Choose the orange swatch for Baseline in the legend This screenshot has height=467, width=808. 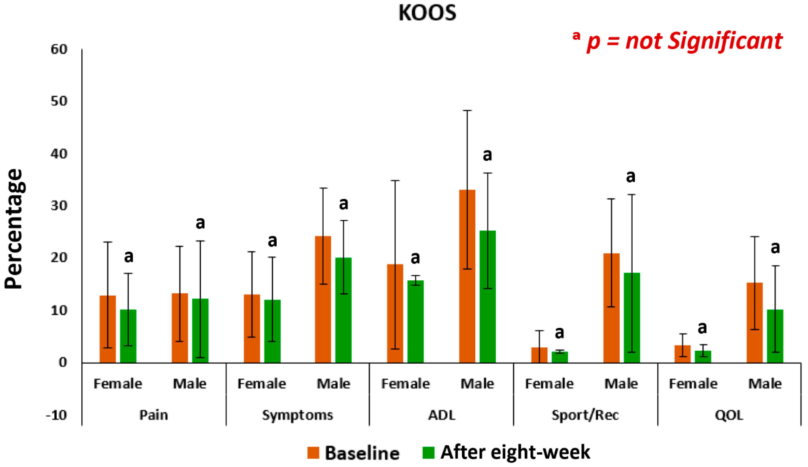(313, 453)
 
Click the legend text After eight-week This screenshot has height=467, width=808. (515, 452)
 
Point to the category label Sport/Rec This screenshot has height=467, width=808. (585, 415)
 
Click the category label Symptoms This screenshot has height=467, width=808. (297, 415)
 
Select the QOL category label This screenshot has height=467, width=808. (729, 415)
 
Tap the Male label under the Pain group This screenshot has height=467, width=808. (190, 383)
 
